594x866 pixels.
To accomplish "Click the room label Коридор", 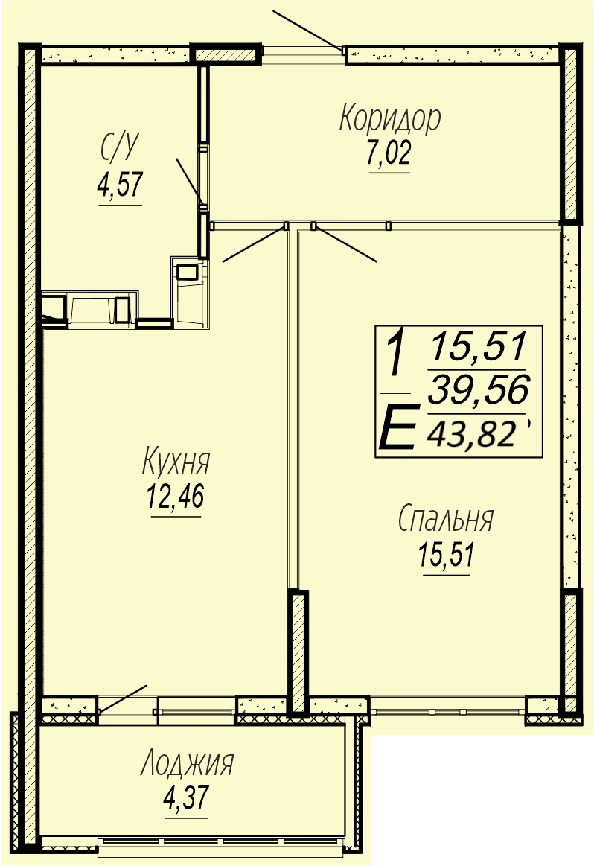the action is pyautogui.click(x=390, y=118).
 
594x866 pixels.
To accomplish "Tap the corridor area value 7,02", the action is pyautogui.click(x=389, y=153).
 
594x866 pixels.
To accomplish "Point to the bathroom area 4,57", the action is pyautogui.click(x=121, y=185).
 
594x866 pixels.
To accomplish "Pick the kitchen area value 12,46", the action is pyautogui.click(x=176, y=495).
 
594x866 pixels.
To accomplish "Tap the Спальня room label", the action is pyautogui.click(x=446, y=519).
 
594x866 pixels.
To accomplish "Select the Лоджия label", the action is pyautogui.click(x=187, y=763).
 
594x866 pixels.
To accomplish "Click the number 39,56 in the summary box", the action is pyautogui.click(x=479, y=389).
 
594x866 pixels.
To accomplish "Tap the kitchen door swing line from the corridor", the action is pyautogui.click(x=254, y=243).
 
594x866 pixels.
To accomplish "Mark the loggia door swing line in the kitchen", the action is pyautogui.click(x=123, y=698).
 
